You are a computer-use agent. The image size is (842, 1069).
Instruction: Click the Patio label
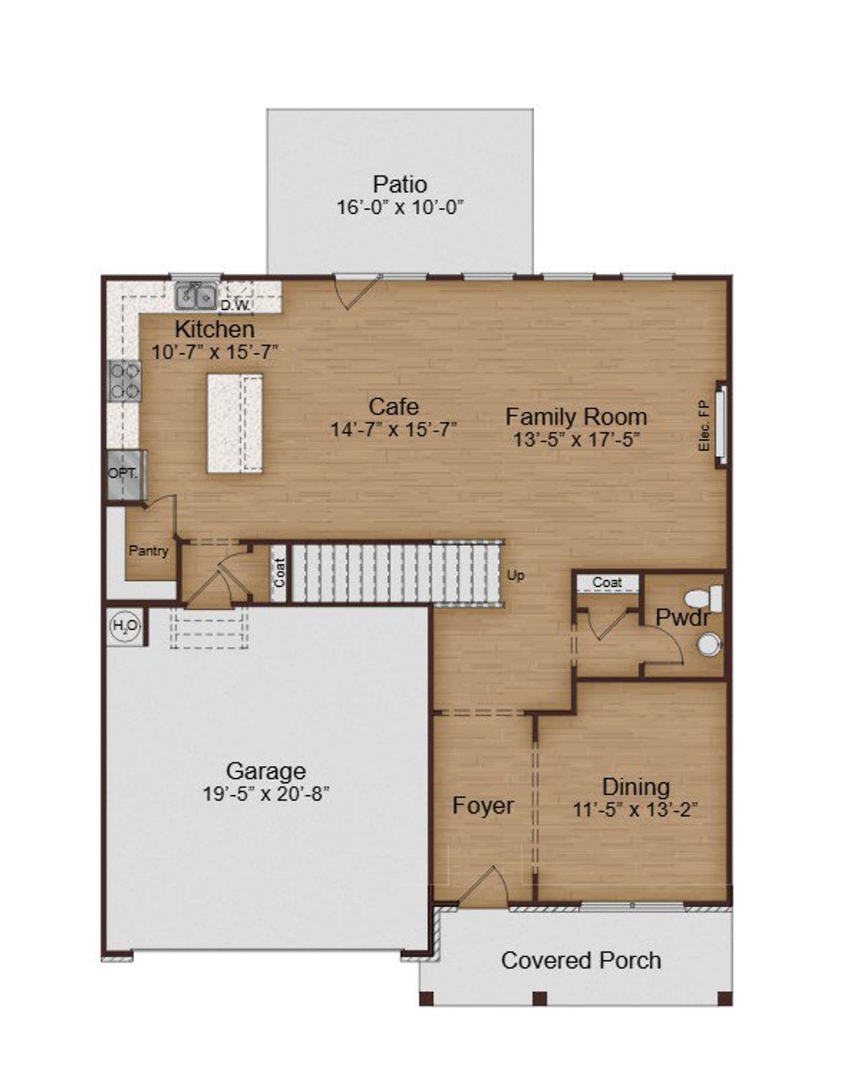click(399, 184)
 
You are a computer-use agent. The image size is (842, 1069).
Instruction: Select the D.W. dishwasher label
click(234, 305)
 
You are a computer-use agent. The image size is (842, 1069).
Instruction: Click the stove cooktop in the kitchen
click(124, 381)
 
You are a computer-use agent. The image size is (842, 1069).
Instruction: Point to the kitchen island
click(235, 423)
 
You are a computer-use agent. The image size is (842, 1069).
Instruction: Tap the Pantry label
click(149, 551)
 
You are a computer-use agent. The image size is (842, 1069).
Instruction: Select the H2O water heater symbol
click(125, 626)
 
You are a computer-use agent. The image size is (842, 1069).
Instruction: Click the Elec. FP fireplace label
click(704, 426)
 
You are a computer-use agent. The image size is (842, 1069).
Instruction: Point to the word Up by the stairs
click(516, 576)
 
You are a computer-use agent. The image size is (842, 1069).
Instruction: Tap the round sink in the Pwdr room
click(709, 644)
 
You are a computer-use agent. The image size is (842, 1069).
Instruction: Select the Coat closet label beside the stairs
click(279, 572)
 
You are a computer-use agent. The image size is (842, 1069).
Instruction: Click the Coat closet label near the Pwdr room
click(607, 583)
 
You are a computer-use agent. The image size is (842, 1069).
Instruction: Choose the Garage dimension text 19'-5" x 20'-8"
click(266, 794)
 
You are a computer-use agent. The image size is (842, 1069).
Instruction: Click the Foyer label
click(483, 806)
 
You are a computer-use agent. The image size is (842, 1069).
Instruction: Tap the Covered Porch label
click(581, 960)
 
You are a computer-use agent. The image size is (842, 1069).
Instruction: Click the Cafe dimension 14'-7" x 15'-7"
click(393, 430)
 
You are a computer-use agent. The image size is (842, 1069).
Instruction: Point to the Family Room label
click(576, 416)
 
